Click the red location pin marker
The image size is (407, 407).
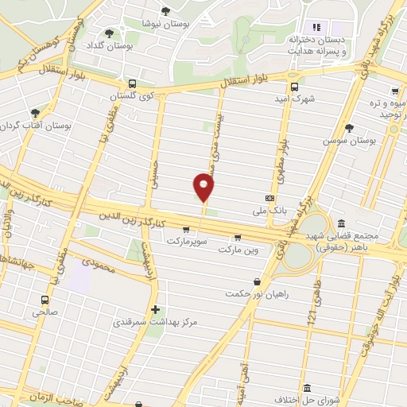[x=204, y=188]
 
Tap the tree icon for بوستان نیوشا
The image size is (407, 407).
[x=165, y=11]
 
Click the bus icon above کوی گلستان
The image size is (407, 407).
[x=132, y=83]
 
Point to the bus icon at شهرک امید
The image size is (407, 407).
[x=294, y=87]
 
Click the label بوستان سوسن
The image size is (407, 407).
[x=348, y=140]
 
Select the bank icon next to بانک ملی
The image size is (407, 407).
[x=270, y=198]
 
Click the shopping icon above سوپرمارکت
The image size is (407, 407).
[x=185, y=229]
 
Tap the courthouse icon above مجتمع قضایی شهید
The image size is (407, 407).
[x=341, y=223]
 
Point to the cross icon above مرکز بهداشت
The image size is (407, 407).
[x=155, y=309]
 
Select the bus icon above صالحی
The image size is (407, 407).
[x=44, y=300]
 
